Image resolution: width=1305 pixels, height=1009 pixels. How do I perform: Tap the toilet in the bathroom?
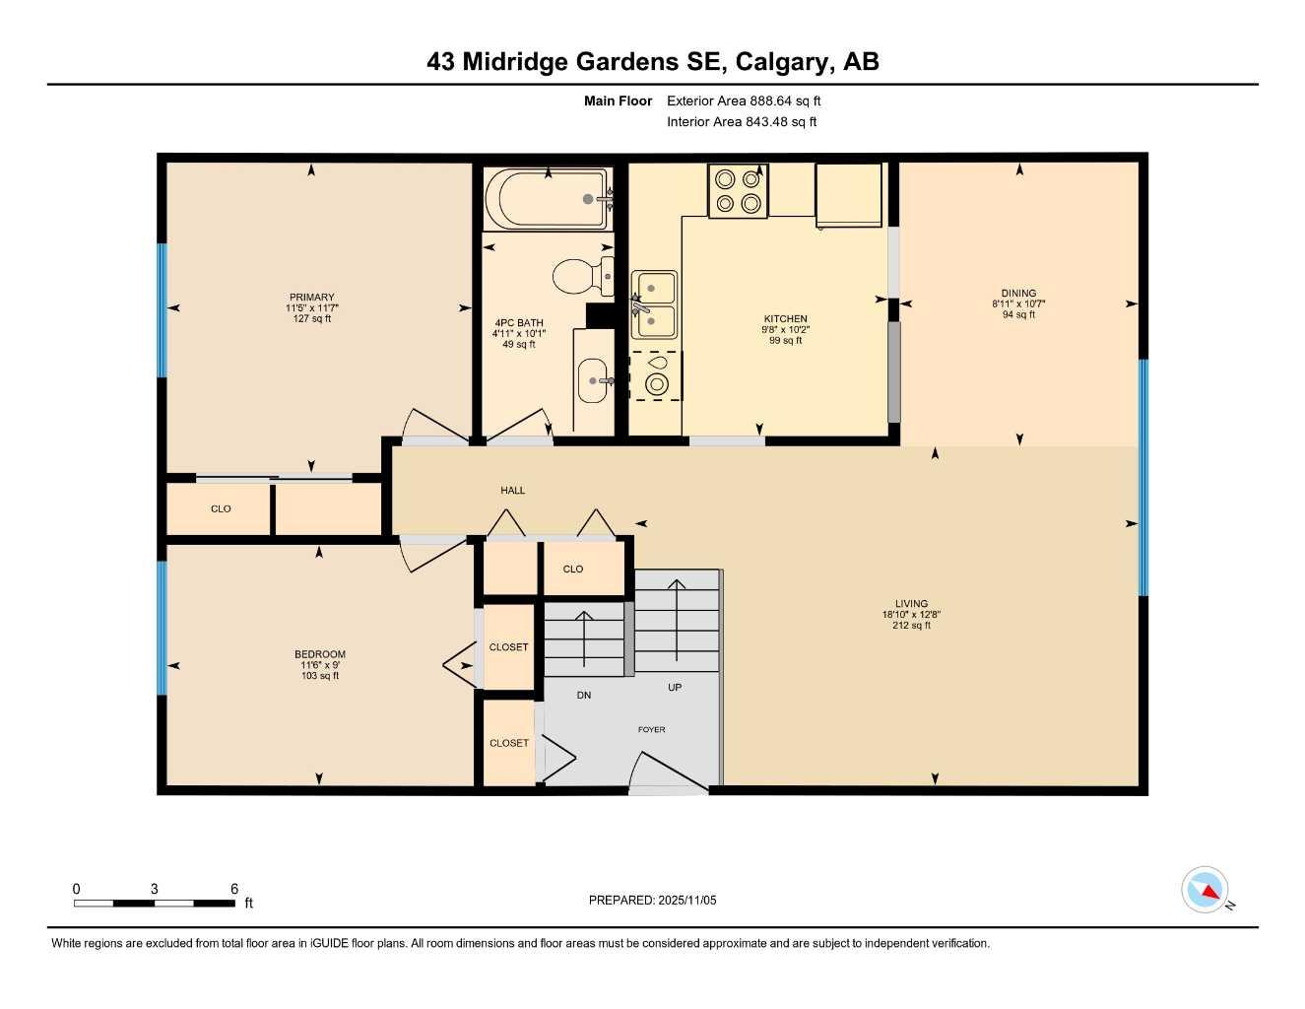coord(579,277)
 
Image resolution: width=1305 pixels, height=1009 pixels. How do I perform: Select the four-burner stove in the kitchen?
coord(738,190)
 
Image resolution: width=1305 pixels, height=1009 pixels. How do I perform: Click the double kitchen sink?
coord(654,304)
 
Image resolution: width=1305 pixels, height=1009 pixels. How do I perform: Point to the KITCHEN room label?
coord(785,319)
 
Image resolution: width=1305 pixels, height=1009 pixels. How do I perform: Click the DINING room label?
coord(1018,293)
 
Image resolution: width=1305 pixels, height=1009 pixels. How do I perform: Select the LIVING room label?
coord(911,604)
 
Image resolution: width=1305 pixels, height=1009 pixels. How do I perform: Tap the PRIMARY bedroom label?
coord(311,298)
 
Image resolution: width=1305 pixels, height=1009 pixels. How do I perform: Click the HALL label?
coord(512,490)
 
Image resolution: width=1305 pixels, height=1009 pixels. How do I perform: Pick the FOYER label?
coord(651,730)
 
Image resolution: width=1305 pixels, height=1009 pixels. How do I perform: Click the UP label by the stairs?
coord(675,688)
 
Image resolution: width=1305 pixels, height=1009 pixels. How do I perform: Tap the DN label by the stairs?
coord(584,696)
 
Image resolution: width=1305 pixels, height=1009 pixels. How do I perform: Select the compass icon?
coord(1205,890)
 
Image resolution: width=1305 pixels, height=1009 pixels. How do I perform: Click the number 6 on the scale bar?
coord(234,889)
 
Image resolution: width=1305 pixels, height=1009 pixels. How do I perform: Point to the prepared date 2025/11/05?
coord(686,900)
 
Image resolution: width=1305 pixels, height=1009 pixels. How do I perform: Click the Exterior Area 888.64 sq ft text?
coord(744,101)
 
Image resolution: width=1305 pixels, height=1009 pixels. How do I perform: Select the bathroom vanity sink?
coord(593,380)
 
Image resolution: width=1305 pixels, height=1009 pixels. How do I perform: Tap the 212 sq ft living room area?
coord(911,626)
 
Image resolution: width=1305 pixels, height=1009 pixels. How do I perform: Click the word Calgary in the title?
coord(782,62)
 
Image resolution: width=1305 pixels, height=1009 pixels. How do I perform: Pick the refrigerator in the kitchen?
coord(848,194)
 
